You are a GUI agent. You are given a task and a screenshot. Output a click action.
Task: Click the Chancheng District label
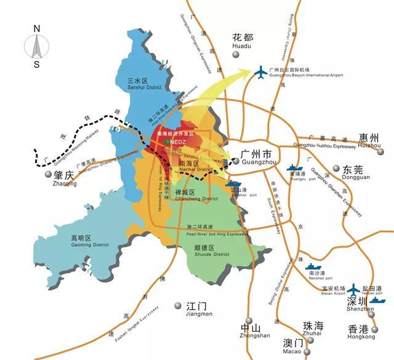(197, 196)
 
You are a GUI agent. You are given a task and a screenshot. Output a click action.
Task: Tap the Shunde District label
(203, 252)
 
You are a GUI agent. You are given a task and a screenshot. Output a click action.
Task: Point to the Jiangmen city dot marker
(179, 305)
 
